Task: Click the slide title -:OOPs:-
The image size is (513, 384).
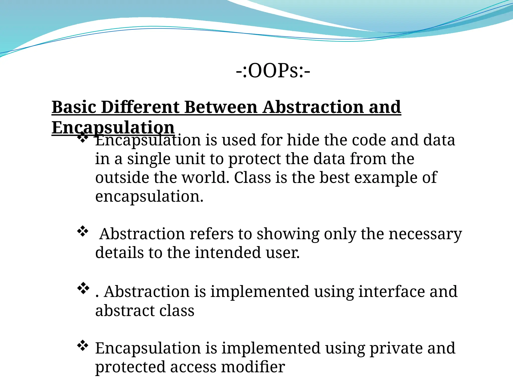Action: point(273,71)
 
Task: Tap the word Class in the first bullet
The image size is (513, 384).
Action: point(252,177)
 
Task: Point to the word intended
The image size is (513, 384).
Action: point(228,252)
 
